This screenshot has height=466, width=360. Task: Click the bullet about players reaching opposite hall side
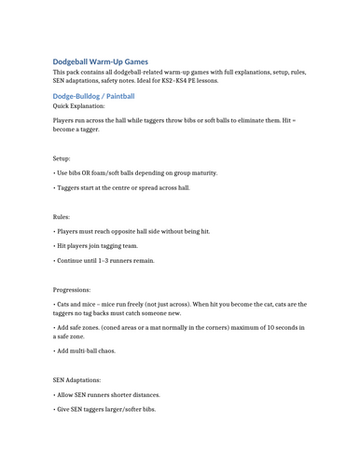coord(132,231)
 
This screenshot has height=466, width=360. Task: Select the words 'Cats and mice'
coord(77,305)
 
